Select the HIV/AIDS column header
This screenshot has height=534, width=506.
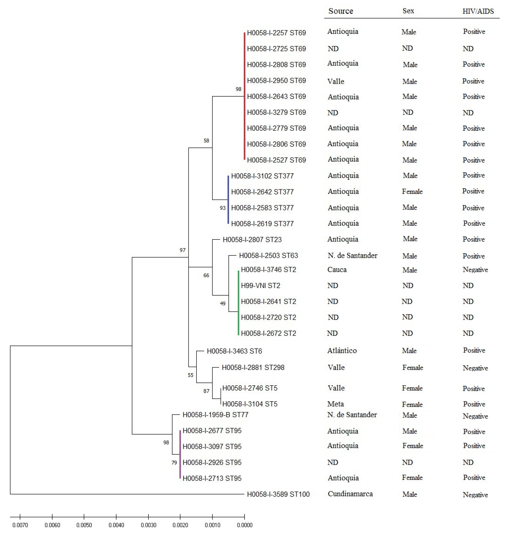pyautogui.click(x=478, y=11)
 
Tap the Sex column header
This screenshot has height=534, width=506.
pyautogui.click(x=408, y=11)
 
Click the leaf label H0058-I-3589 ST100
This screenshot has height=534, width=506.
pyautogui.click(x=278, y=494)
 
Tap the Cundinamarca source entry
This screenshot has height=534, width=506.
pyautogui.click(x=350, y=494)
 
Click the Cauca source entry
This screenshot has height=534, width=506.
pyautogui.click(x=337, y=269)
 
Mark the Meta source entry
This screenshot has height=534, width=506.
pyautogui.click(x=336, y=404)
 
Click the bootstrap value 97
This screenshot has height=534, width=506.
pyautogui.click(x=183, y=250)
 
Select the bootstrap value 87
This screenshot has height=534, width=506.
pyautogui.click(x=206, y=391)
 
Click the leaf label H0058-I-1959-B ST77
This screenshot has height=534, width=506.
pyautogui.click(x=215, y=415)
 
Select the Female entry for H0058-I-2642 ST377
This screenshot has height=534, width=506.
pyautogui.click(x=412, y=192)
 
